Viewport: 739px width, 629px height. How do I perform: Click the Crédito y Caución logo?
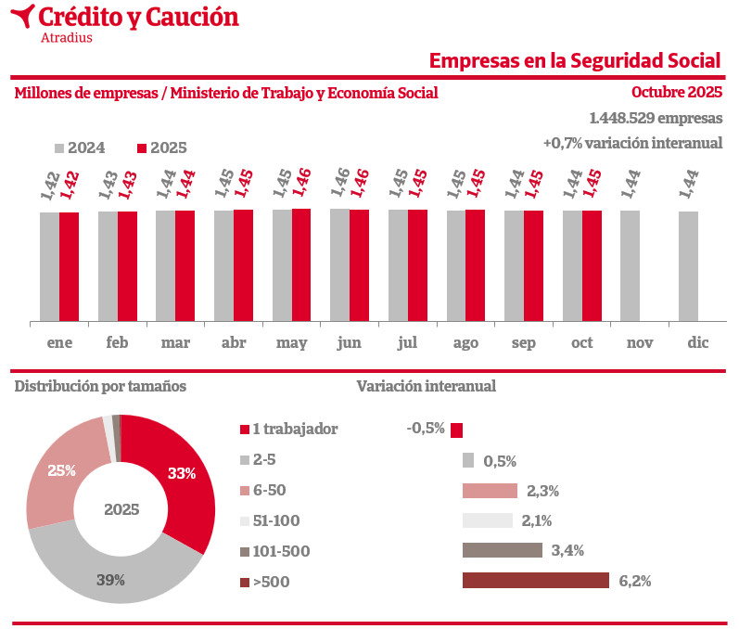click(126, 21)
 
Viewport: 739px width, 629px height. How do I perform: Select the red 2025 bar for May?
click(301, 264)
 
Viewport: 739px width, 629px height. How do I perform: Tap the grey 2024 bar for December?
click(687, 266)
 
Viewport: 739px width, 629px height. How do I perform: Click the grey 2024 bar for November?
click(630, 266)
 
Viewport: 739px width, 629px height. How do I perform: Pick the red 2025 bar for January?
click(69, 266)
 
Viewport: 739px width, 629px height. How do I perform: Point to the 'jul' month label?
click(407, 343)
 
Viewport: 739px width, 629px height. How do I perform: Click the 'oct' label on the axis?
click(581, 343)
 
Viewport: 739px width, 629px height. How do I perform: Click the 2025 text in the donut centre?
click(121, 509)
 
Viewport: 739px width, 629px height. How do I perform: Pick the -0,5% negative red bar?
click(456, 430)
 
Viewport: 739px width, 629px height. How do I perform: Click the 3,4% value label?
click(567, 551)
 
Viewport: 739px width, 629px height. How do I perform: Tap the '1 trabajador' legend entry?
click(288, 429)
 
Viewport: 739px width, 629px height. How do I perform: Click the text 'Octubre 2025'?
click(676, 92)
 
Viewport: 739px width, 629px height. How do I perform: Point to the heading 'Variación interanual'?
click(426, 386)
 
